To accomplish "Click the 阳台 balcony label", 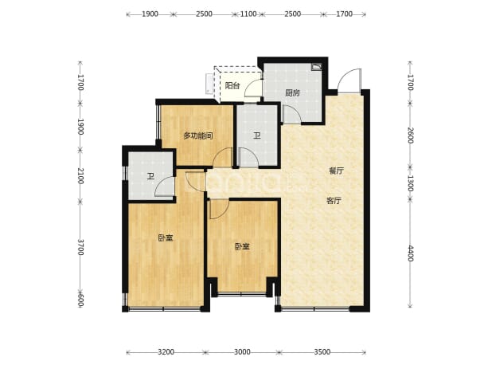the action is (232, 85).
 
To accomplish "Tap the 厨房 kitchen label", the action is (292, 92).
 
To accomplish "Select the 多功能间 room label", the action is (198, 135).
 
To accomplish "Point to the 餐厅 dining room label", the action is (337, 171).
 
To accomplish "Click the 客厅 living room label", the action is (334, 200).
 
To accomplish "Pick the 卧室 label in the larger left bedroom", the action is (166, 238).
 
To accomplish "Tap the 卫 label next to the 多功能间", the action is (257, 135).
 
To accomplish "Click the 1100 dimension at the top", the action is (248, 14).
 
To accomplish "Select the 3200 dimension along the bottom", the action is (166, 352).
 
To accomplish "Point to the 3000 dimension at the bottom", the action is (242, 352).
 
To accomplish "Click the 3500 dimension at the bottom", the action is (322, 352).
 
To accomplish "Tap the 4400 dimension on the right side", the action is (411, 253).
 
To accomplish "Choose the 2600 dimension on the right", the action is (411, 135).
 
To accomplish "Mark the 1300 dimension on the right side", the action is (411, 183).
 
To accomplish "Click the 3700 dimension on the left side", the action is (81, 247).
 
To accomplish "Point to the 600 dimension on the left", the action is (81, 300).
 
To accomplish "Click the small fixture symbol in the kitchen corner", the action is (316, 67).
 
